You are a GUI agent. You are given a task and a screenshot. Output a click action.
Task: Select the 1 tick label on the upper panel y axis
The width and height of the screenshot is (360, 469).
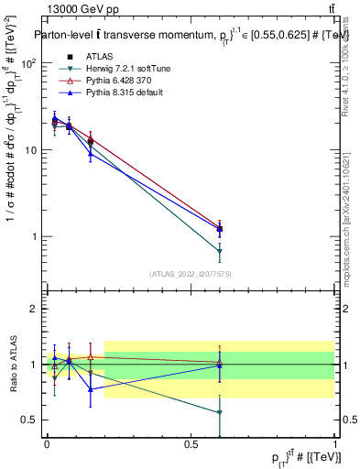click(37, 236)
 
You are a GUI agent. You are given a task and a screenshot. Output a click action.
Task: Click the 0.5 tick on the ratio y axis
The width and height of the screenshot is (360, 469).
click(32, 420)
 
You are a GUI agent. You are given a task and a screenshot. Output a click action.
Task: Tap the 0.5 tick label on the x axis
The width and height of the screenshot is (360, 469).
click(191, 443)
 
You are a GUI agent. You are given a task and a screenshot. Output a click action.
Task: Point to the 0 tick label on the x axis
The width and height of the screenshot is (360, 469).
click(47, 443)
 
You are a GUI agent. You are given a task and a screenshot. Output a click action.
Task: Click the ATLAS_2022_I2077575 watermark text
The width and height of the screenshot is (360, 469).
click(191, 274)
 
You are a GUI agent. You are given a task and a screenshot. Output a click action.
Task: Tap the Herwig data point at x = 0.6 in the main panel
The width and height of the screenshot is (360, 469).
click(220, 251)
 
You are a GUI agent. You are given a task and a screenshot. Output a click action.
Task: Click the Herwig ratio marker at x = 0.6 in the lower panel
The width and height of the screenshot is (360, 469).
click(220, 413)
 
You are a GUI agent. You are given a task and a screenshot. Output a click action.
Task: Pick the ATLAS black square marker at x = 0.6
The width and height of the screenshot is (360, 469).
click(220, 229)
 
